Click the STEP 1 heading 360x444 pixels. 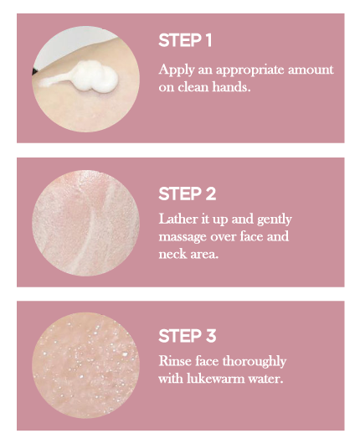point(185,40)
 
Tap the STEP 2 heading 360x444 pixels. point(187,194)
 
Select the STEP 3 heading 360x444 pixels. point(187,336)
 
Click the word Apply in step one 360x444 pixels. point(177,70)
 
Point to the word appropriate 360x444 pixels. point(249,70)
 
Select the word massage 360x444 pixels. point(183,237)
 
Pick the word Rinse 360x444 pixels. point(172,361)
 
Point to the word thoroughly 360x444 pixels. point(255,362)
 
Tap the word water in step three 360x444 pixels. point(265,379)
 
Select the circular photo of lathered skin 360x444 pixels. point(85,223)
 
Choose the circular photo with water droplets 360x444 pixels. point(85,365)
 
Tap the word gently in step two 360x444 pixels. point(275,219)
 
